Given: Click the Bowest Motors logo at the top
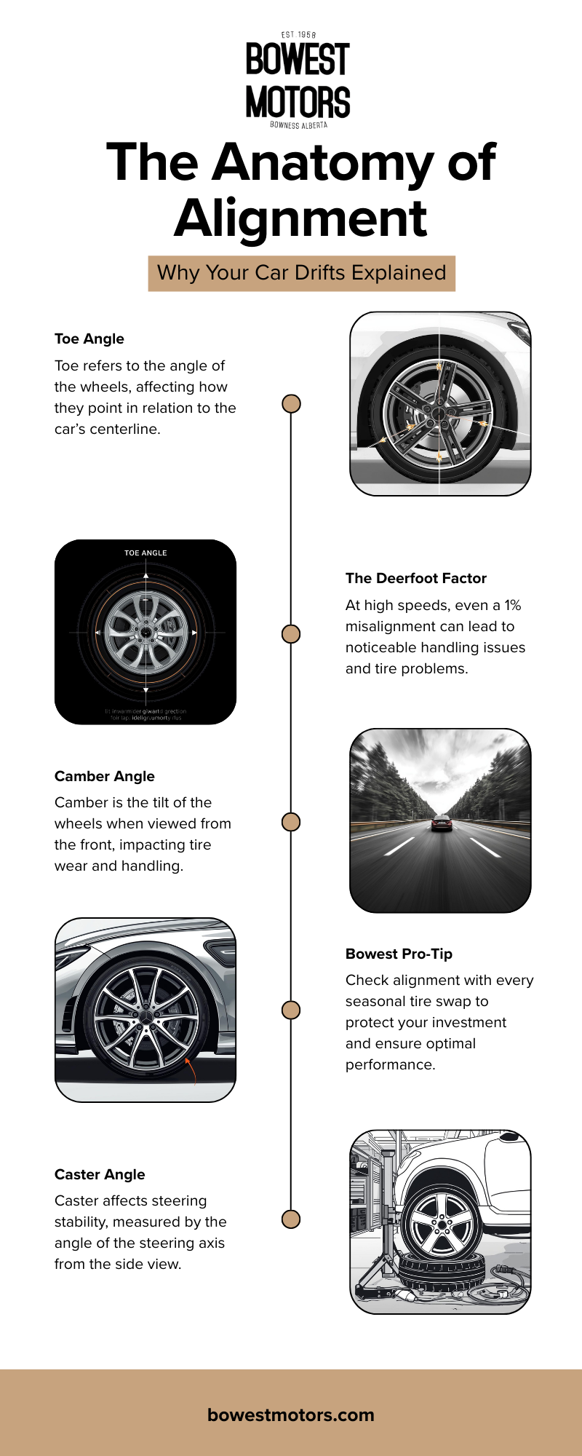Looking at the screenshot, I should point(298,80).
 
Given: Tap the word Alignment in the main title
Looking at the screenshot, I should point(300,218).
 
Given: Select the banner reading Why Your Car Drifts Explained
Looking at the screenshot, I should point(301,273).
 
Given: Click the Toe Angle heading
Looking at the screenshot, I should point(89,339).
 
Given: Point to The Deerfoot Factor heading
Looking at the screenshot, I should point(415,578).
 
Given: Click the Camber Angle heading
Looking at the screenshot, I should point(104,776).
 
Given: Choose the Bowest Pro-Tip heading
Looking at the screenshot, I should point(399,954).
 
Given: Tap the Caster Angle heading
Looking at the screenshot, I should point(100,1174).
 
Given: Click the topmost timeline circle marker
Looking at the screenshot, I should point(291,403).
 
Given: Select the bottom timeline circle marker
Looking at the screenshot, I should point(291,1219).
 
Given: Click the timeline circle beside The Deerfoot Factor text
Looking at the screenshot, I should point(291,634).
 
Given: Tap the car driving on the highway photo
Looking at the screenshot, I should point(441,823).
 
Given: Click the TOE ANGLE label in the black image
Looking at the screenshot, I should point(145,553).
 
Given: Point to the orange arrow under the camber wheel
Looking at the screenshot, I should point(191,1070).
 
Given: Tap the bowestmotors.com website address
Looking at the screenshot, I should point(291,1415).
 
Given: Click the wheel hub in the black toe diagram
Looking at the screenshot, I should point(145,633).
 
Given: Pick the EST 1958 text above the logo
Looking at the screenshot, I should point(298,34).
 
